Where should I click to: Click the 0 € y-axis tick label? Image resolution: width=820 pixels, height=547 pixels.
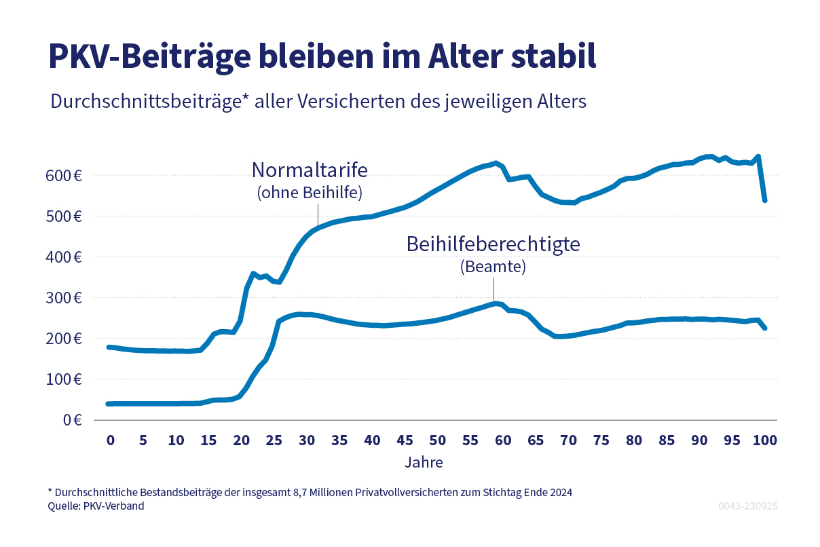coord(73,420)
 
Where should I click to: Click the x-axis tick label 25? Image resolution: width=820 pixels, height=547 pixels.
coord(274,440)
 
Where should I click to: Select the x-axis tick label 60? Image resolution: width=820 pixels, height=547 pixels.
coord(502,440)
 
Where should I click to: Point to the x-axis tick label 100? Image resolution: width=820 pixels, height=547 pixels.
coord(764,440)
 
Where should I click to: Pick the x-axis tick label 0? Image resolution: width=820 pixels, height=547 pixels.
coord(110,440)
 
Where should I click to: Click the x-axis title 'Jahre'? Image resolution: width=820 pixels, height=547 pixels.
coord(424,463)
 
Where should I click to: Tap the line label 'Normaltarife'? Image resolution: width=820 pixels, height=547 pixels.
coord(309,169)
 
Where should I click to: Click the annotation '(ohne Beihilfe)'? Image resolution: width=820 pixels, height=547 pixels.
coord(310,193)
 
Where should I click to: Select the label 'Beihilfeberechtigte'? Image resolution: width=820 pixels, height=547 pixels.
coord(493,244)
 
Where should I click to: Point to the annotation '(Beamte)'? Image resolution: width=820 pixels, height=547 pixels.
coord(493,267)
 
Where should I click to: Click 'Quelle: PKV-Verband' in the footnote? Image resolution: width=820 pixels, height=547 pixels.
coord(96,506)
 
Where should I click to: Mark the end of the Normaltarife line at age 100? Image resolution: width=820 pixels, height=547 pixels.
coord(765,200)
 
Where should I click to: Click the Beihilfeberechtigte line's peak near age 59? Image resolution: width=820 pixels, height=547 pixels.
coord(496,303)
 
